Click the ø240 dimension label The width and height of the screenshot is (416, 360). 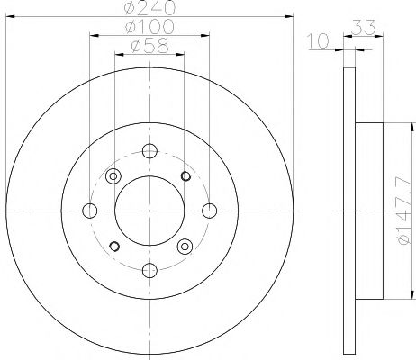(x=149, y=9)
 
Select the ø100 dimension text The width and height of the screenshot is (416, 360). (x=149, y=28)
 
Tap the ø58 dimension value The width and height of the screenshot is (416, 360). (x=149, y=46)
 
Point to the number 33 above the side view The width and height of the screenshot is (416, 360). (x=364, y=28)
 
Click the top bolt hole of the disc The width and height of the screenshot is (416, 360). (x=149, y=150)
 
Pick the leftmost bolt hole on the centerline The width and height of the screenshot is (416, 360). (x=90, y=210)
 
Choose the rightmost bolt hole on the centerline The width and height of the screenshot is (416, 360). (x=209, y=210)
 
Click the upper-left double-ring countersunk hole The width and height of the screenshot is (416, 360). (x=113, y=175)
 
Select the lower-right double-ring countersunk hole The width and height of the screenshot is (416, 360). (x=185, y=245)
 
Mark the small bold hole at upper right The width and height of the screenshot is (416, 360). (x=185, y=175)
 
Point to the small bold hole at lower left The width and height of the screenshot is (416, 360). (x=113, y=245)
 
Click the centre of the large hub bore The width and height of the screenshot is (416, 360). (x=149, y=210)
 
